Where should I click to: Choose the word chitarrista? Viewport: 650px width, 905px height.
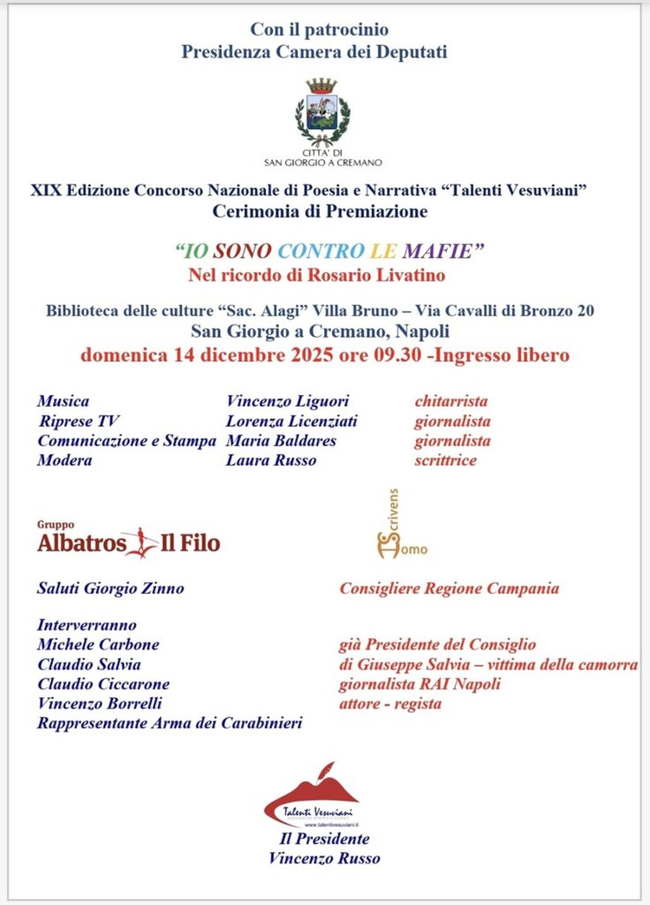tap(450, 401)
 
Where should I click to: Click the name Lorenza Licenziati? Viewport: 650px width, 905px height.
tap(291, 421)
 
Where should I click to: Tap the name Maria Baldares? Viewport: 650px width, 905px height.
tap(281, 440)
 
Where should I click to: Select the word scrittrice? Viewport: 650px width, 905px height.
tap(445, 460)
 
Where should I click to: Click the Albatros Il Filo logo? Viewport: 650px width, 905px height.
tap(129, 541)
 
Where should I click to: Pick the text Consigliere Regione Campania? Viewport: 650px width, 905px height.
tap(449, 588)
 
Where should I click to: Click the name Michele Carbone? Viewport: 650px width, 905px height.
tap(98, 644)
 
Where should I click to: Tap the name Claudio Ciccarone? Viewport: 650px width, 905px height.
tap(103, 683)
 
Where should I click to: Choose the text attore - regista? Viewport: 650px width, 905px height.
tap(389, 703)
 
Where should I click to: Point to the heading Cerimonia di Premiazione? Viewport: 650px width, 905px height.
tap(320, 211)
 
